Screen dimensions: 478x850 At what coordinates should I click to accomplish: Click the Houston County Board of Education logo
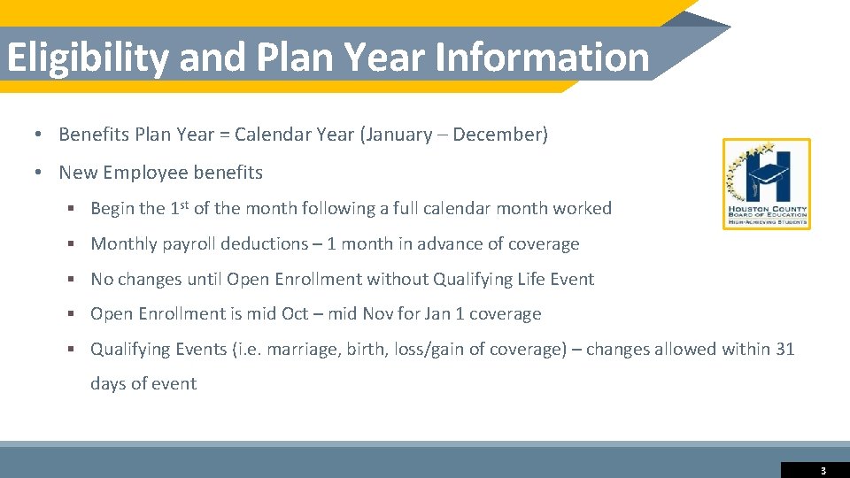click(766, 184)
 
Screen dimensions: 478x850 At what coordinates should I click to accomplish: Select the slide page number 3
click(823, 471)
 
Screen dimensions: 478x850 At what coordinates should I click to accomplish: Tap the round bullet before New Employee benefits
click(40, 173)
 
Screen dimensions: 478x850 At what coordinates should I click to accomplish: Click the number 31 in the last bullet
click(784, 349)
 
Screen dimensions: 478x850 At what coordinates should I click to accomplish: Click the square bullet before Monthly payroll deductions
click(72, 244)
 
